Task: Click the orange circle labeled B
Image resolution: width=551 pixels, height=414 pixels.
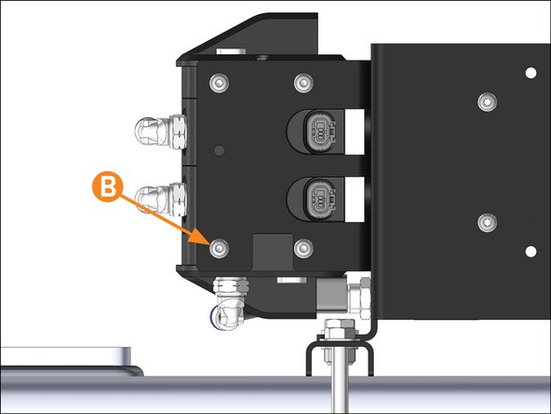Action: click(107, 186)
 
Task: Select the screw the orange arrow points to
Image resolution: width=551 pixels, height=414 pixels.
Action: click(219, 248)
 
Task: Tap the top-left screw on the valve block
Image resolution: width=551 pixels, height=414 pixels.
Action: click(219, 83)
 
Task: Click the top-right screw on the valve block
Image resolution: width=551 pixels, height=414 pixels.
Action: click(303, 83)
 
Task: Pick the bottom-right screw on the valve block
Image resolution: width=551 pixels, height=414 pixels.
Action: click(303, 248)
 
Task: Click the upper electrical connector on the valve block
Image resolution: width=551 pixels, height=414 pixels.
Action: click(320, 131)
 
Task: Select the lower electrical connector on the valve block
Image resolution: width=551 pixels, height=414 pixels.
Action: click(320, 200)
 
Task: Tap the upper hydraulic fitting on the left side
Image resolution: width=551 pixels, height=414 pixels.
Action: click(160, 131)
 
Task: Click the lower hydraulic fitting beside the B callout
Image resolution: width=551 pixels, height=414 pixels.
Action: click(161, 199)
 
